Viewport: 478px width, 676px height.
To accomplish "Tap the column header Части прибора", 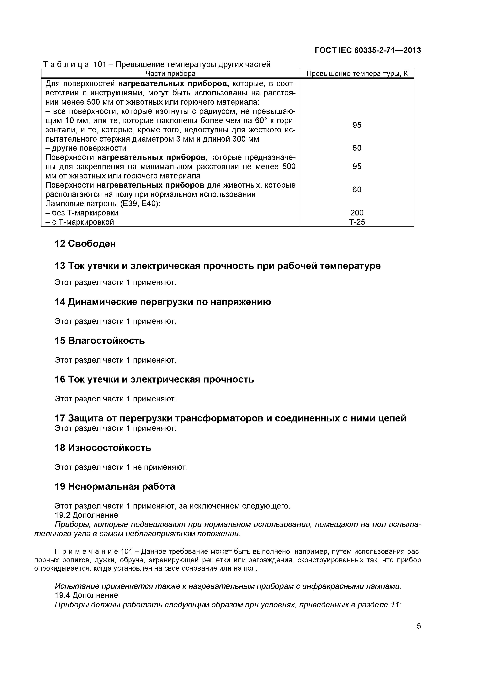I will (x=171, y=74).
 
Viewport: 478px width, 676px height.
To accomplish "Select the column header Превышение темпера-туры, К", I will (x=357, y=74).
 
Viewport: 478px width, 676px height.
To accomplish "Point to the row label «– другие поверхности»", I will (x=86, y=148).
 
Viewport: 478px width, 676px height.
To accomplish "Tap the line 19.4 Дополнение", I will (x=86, y=595).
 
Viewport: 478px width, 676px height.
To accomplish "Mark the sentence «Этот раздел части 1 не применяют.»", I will (x=121, y=467).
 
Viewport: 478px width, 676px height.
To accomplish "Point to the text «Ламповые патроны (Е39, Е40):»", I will (x=103, y=203).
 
